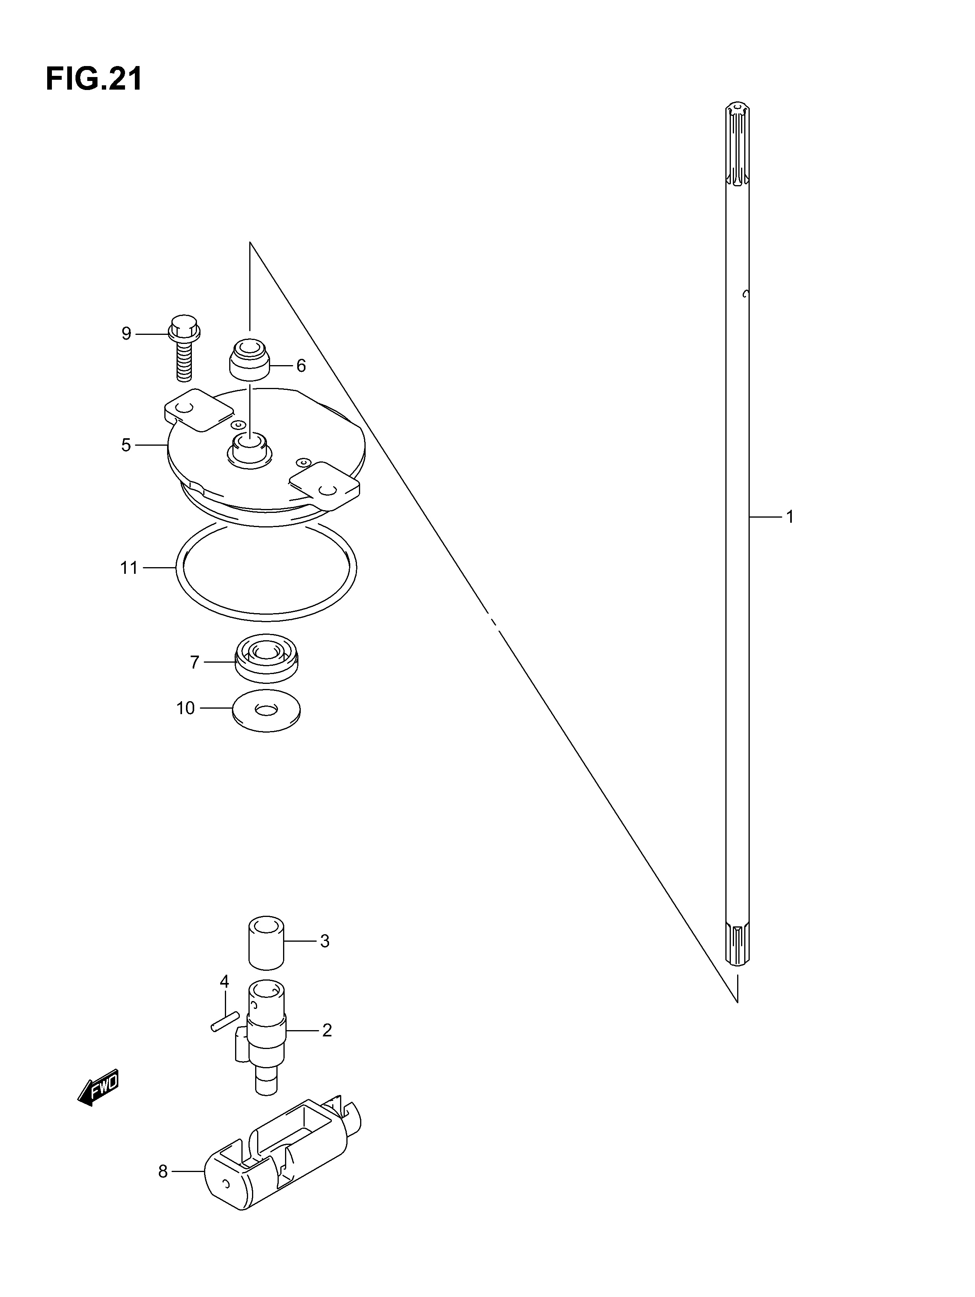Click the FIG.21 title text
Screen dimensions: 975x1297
pyautogui.click(x=94, y=79)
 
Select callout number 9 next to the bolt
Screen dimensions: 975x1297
pyautogui.click(x=126, y=334)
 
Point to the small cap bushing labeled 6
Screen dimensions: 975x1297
pyautogui.click(x=249, y=359)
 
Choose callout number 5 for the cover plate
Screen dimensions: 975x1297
pyautogui.click(x=126, y=445)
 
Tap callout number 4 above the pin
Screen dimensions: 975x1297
pyautogui.click(x=224, y=981)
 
